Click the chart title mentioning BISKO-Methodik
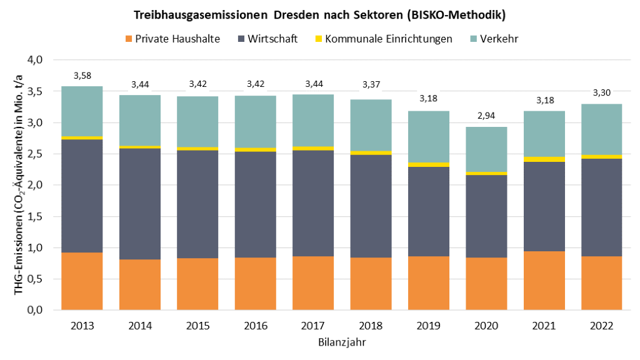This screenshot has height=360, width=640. pyautogui.click(x=319, y=14)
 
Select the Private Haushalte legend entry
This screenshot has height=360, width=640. pyautogui.click(x=172, y=39)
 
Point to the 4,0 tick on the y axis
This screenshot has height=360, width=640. pyautogui.click(x=34, y=60)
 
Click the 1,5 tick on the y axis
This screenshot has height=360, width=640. pyautogui.click(x=34, y=216)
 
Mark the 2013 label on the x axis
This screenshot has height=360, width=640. pyautogui.click(x=82, y=326)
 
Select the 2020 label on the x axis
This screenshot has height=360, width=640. pyautogui.click(x=486, y=326)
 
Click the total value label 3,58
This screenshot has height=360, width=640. pyautogui.click(x=82, y=76)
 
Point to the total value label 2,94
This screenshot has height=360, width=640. pyautogui.click(x=486, y=116)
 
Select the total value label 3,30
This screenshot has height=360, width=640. pyautogui.click(x=601, y=92)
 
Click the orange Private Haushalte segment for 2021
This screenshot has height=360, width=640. pyautogui.click(x=544, y=280)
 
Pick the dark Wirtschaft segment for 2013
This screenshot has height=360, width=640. pyautogui.click(x=82, y=196)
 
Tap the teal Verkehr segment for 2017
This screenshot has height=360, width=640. pyautogui.click(x=313, y=120)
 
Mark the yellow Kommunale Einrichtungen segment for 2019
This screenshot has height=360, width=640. pyautogui.click(x=428, y=164)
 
